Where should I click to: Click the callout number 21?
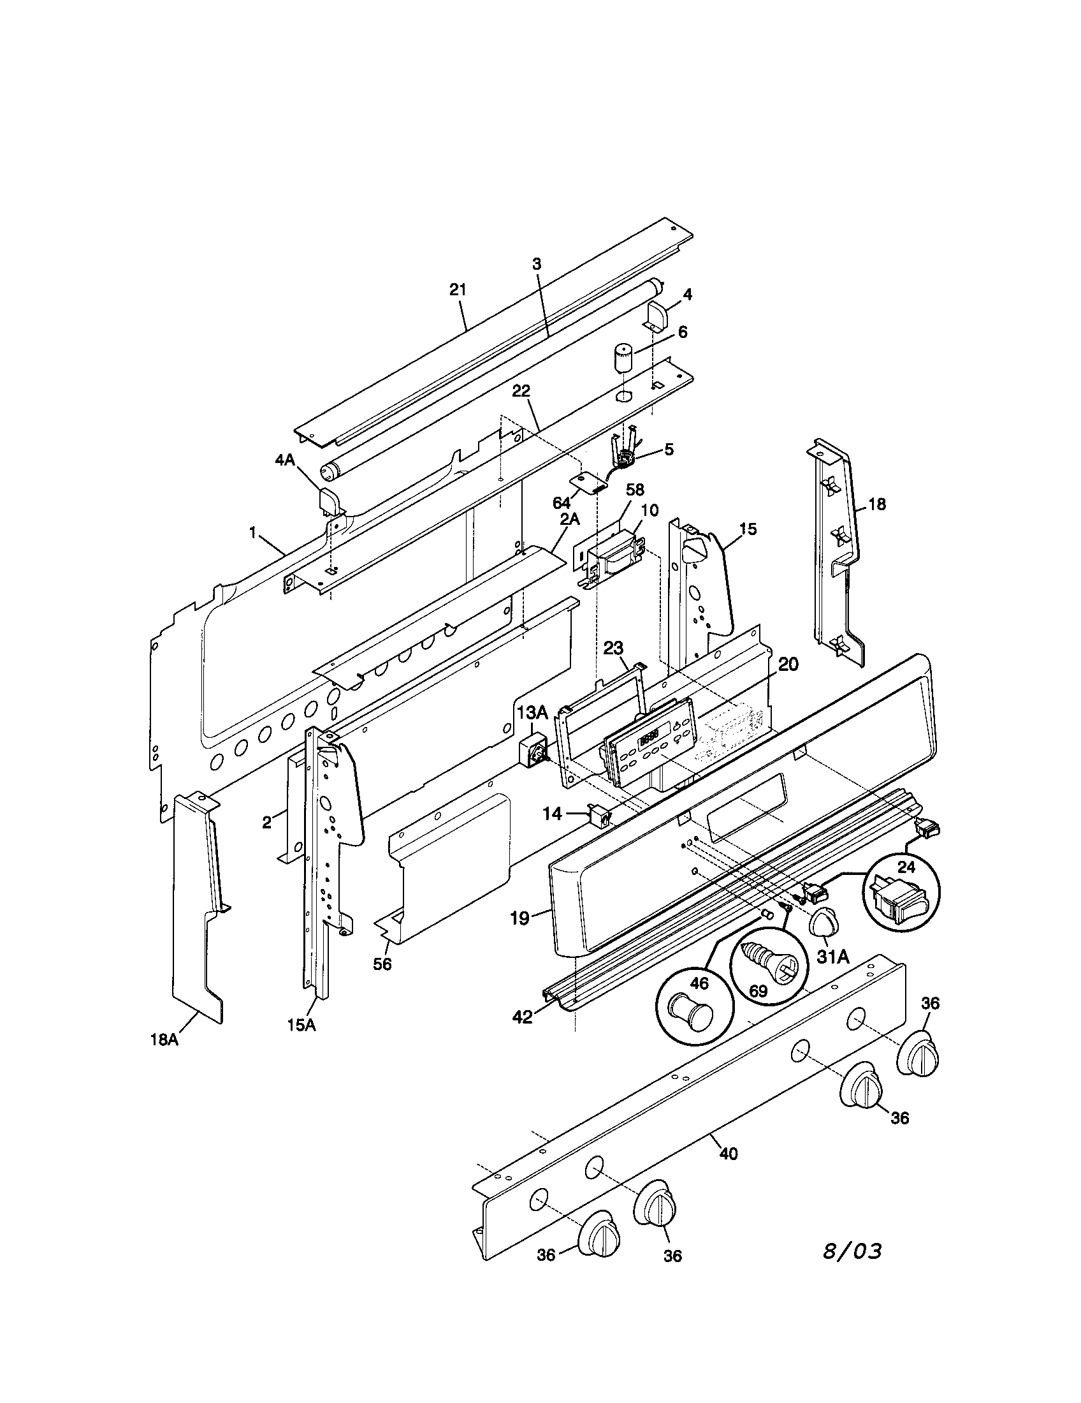coord(458,290)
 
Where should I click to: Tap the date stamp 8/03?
coord(852,1251)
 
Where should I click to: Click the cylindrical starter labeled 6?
coord(621,357)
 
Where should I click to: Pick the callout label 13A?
coord(532,712)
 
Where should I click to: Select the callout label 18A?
coord(164,1039)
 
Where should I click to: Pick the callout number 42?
coord(523,1017)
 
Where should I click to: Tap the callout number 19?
coord(520,918)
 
